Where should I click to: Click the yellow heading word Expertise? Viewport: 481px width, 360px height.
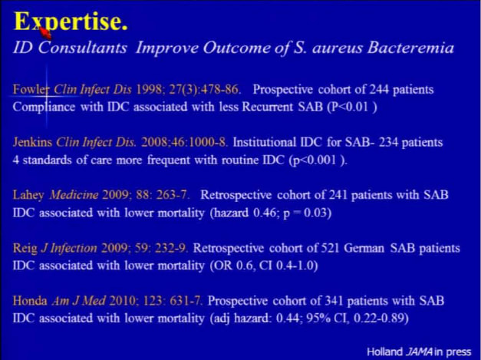(71, 21)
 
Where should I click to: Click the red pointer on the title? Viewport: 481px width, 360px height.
(45, 32)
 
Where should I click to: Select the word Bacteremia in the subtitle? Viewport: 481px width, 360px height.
(410, 48)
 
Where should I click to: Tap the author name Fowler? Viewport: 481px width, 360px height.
(31, 89)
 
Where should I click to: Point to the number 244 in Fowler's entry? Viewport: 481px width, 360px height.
(378, 89)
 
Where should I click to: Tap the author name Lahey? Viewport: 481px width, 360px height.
(28, 195)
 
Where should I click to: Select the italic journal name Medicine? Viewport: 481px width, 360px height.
(74, 195)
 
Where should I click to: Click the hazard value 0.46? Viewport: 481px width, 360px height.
(265, 213)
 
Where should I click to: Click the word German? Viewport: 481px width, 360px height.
(364, 248)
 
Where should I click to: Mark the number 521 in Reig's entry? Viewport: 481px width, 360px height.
(330, 248)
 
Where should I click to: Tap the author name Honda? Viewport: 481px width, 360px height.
(30, 301)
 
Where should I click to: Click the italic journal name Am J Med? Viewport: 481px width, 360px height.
(79, 301)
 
